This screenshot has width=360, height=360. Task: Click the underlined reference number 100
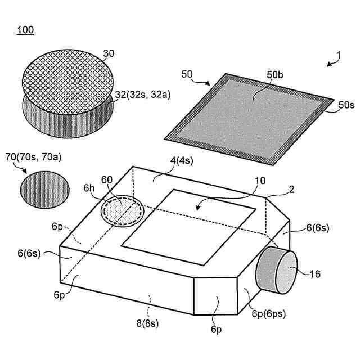coord(25,30)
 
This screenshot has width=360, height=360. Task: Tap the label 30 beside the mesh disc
coord(109,54)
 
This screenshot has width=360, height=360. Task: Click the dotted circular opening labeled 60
coord(121,210)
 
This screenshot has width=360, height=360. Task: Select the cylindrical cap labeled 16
coord(276,271)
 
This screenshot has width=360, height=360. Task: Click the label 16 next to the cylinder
coord(317,274)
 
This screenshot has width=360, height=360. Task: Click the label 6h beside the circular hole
coord(89,188)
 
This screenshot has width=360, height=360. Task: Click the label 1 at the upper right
coord(338,56)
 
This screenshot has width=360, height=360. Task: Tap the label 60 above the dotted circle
coord(107,180)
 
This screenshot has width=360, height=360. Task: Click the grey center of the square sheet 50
coord(247,118)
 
